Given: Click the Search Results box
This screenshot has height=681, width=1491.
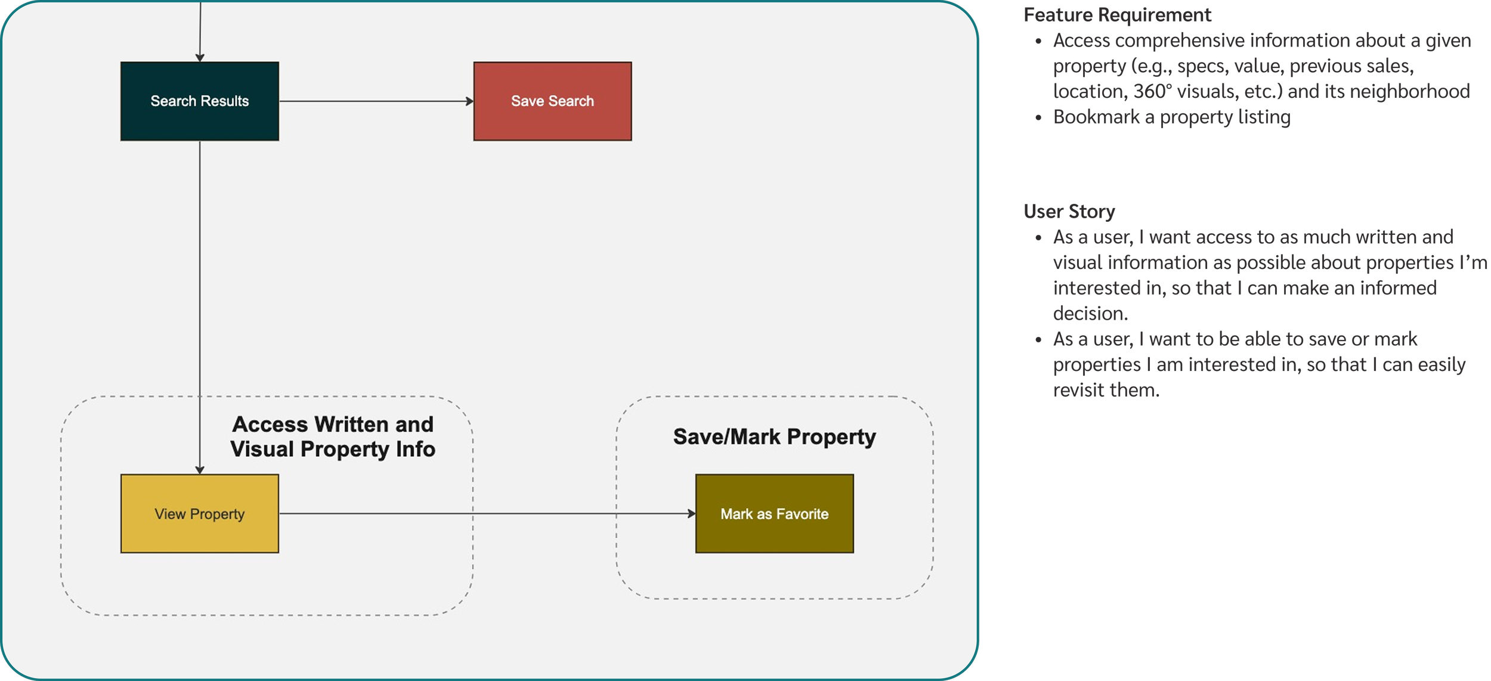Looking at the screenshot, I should click(199, 101).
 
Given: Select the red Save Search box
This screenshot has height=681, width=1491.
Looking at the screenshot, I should click(552, 101).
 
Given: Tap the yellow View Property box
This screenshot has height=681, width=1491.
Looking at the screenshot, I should click(199, 513).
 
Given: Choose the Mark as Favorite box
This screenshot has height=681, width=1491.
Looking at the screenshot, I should click(774, 513).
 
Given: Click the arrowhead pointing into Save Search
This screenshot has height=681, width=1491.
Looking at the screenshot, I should click(469, 101).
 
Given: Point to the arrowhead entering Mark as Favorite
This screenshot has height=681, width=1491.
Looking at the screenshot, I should click(691, 513).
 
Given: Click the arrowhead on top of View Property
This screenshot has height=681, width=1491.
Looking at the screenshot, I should click(200, 470).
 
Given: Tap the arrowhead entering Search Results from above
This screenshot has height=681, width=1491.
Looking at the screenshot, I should click(200, 57).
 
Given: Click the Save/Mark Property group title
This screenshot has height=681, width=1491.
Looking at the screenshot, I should click(774, 437).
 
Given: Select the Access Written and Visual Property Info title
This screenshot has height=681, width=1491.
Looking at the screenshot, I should click(333, 437).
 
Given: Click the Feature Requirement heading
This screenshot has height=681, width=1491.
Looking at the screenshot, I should click(1117, 15).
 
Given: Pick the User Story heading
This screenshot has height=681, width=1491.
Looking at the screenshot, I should click(1069, 212).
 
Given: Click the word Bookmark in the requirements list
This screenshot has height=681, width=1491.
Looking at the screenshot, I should click(1096, 117).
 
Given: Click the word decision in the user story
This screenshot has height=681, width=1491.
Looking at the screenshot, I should click(1090, 314).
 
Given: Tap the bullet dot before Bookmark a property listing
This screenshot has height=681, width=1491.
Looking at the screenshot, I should click(1039, 118).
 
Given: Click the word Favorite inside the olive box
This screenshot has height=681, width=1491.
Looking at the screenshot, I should click(802, 514).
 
